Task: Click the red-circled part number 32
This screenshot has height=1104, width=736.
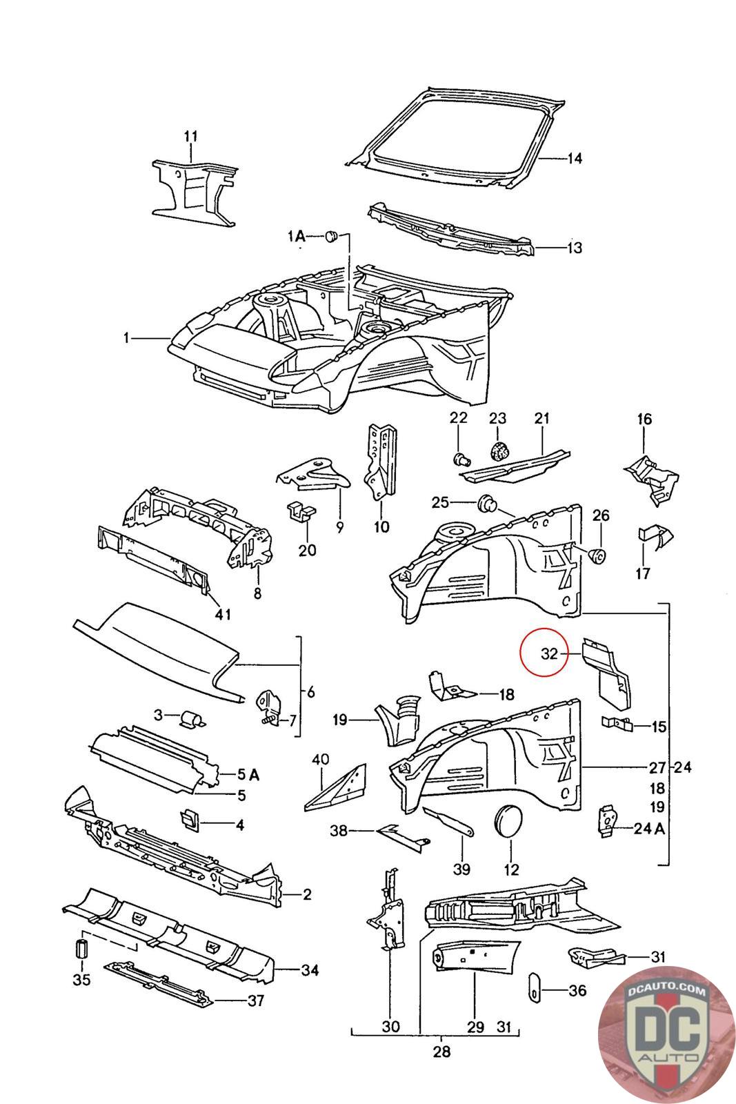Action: pyautogui.click(x=549, y=653)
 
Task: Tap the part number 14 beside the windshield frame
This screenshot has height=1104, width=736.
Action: pyautogui.click(x=575, y=159)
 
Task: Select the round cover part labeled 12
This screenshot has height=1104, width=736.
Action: pyautogui.click(x=510, y=822)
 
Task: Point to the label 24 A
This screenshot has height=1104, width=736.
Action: pyautogui.click(x=649, y=829)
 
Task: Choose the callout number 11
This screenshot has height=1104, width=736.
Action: pyautogui.click(x=190, y=136)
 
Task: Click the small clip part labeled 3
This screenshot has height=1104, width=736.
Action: pyautogui.click(x=190, y=720)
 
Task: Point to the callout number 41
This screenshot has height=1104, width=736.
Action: pyautogui.click(x=223, y=613)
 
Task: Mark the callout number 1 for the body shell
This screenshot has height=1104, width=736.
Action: pyautogui.click(x=126, y=338)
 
